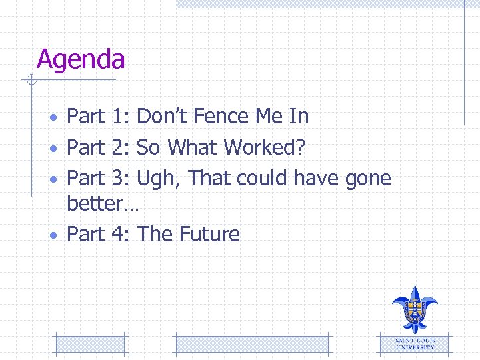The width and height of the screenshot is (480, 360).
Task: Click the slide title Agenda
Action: tap(81, 60)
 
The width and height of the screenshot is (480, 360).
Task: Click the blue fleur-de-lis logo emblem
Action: tap(414, 309)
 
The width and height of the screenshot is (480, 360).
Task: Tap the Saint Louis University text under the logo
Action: tap(415, 344)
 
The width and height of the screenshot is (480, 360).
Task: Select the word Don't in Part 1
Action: tap(163, 117)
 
